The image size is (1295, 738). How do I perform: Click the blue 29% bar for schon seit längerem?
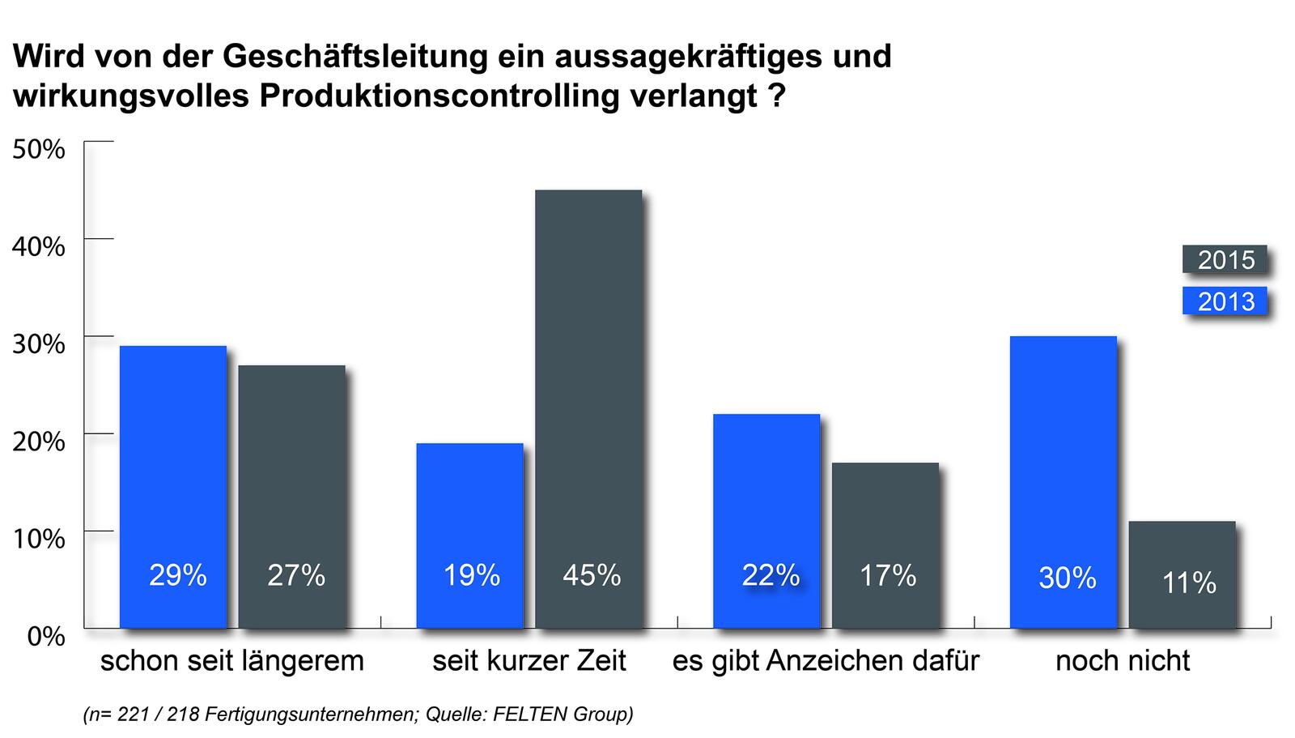pyautogui.click(x=172, y=486)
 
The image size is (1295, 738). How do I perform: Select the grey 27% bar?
pyautogui.click(x=291, y=496)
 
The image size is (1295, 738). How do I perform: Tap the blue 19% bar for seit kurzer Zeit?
pyautogui.click(x=469, y=535)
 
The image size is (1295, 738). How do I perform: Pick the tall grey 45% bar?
pyautogui.click(x=588, y=408)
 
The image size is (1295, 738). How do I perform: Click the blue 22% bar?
pyautogui.click(x=766, y=520)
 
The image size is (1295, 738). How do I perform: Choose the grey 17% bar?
pyautogui.click(x=885, y=544)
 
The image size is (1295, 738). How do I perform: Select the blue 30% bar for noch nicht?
pyautogui.click(x=1063, y=481)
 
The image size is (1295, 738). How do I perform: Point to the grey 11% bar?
pyautogui.click(x=1182, y=574)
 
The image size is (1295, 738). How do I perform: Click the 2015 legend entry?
pyautogui.click(x=1225, y=260)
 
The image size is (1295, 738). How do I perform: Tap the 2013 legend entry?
pyautogui.click(x=1225, y=301)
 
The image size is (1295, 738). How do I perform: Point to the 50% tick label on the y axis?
pyautogui.click(x=38, y=149)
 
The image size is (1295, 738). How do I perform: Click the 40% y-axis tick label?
pyautogui.click(x=38, y=246)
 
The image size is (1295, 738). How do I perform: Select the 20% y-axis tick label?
pyautogui.click(x=38, y=442)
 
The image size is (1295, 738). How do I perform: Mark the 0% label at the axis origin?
pyautogui.click(x=45, y=636)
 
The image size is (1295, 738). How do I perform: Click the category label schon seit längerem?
pyautogui.click(x=231, y=661)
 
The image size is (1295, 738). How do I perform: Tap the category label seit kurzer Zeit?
pyautogui.click(x=529, y=661)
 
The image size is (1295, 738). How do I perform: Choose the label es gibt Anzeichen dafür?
pyautogui.click(x=826, y=661)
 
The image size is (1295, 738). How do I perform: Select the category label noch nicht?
pyautogui.click(x=1123, y=661)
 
